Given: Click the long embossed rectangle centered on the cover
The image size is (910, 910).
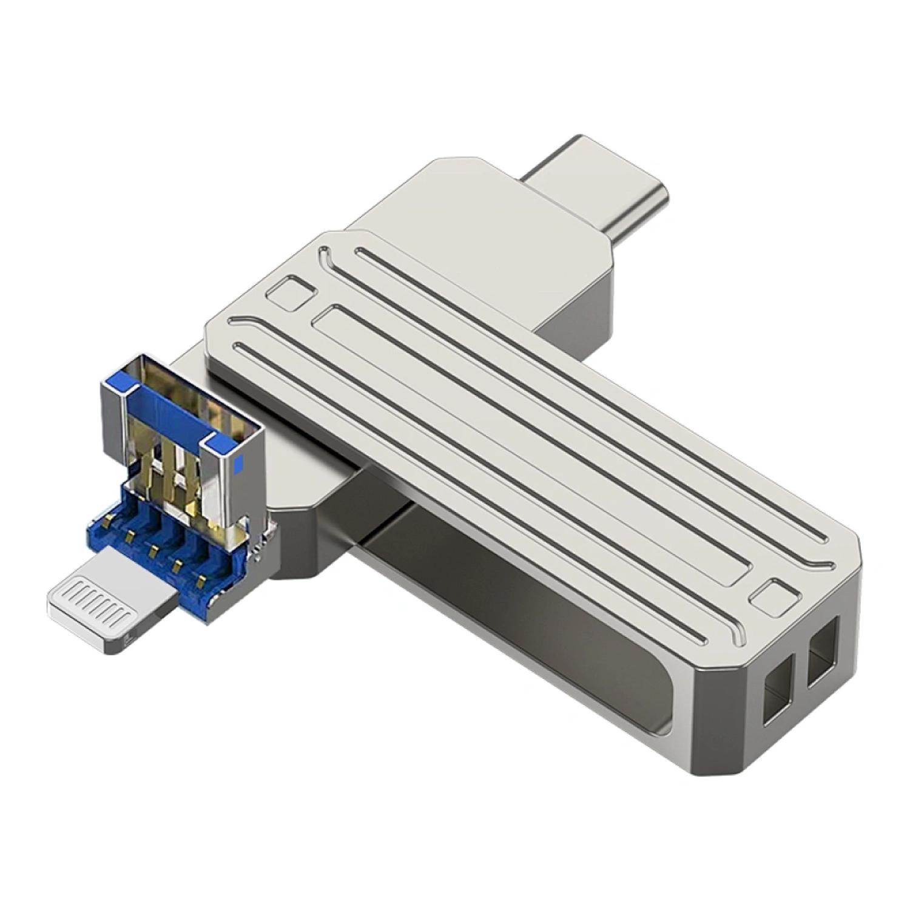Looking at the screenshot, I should pyautogui.click(x=534, y=449).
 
